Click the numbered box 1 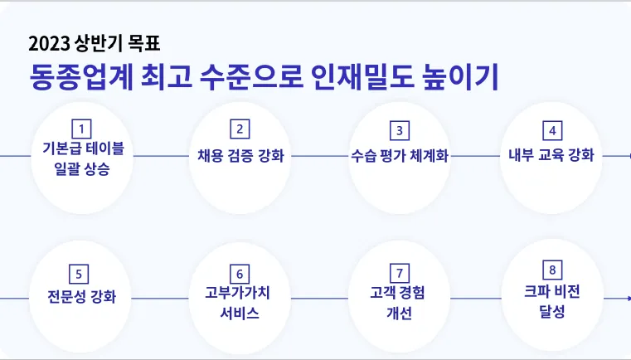81,129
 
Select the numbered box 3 399,130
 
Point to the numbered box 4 552,130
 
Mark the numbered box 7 399,273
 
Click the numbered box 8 552,270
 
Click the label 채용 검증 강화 240,155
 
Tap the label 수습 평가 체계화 399,156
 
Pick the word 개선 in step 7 399,314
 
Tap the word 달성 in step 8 552,312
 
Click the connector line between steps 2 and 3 318,156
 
